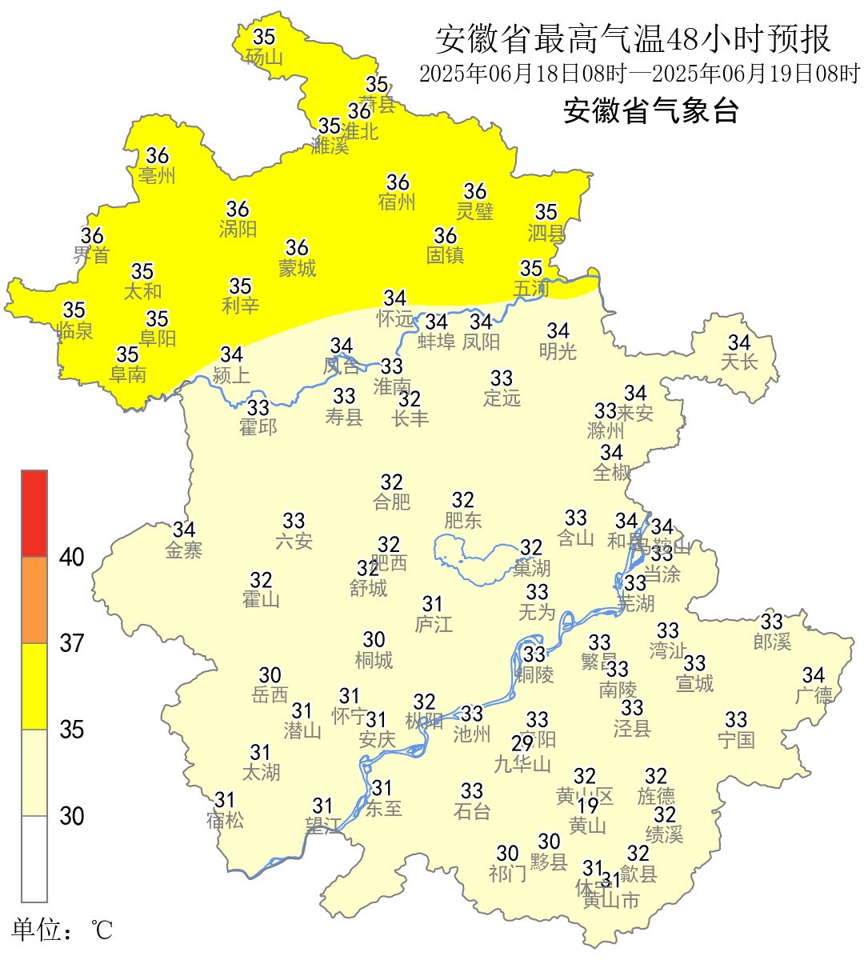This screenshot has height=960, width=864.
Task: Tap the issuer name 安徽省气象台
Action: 650,110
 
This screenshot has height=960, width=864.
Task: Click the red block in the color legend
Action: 34,513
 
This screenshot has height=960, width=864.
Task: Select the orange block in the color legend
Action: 34,600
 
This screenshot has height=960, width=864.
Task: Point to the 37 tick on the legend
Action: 72,642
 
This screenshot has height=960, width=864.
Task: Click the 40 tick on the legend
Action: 72,557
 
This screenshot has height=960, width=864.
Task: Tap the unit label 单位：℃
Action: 62,930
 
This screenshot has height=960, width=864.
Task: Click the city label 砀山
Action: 264,57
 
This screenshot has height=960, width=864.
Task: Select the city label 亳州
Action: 157,175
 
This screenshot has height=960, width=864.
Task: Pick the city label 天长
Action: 739,362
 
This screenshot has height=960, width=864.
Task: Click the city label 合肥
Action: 391,502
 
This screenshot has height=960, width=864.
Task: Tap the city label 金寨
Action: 184,550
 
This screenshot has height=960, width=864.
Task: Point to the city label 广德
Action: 814,694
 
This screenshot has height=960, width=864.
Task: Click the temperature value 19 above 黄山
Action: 588,806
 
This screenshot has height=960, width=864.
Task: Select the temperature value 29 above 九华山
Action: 522,744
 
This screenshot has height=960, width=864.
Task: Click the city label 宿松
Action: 225,820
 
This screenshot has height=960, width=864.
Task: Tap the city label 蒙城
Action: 297,267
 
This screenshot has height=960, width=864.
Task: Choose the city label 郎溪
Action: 772,641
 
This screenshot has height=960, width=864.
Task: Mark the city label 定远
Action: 502,398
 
